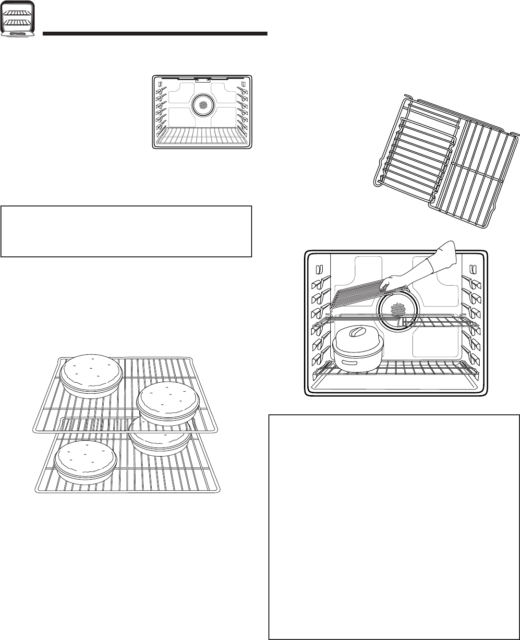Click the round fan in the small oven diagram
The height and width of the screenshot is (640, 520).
pyautogui.click(x=203, y=106)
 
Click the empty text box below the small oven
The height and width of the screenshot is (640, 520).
pyautogui.click(x=126, y=231)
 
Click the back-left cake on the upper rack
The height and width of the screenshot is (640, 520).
pyautogui.click(x=91, y=375)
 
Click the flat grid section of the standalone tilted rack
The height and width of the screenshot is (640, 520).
pyautogui.click(x=480, y=173)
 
